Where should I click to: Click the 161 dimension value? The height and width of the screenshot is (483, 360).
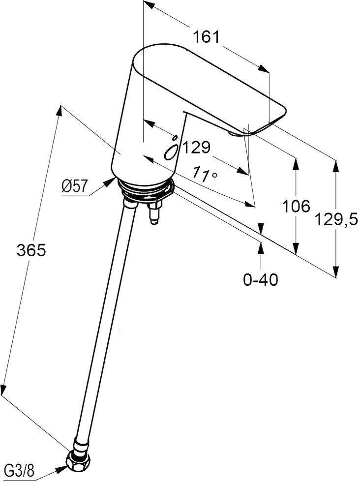tap(207, 37)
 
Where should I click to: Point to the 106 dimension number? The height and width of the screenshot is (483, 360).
tap(296, 206)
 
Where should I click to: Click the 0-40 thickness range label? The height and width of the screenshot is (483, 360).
tap(261, 279)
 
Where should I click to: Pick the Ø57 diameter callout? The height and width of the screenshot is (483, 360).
tap(75, 186)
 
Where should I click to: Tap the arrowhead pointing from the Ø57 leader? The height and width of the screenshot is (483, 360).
tap(109, 182)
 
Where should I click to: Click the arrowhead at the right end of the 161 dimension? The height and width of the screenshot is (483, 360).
tap(264, 69)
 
